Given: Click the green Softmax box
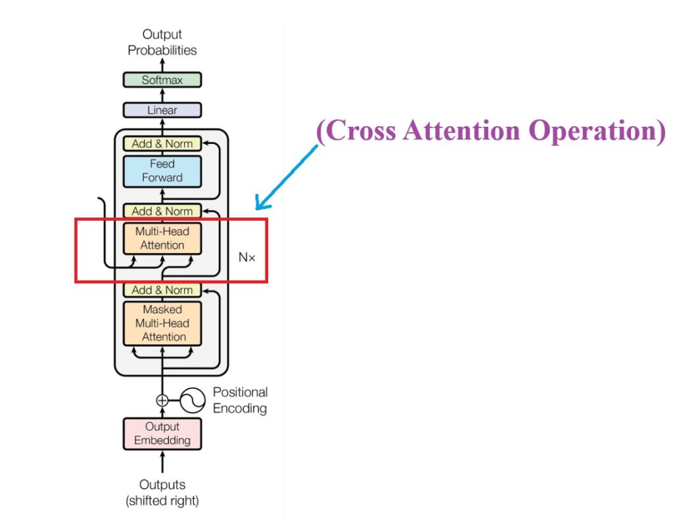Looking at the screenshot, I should pos(162,80).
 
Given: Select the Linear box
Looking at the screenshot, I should pos(162,110).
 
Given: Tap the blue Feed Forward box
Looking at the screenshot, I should pos(162,170).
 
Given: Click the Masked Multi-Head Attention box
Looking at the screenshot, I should pos(162,323).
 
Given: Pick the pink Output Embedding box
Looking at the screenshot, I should pos(162,434).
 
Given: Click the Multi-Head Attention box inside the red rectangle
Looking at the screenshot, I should pos(162,239).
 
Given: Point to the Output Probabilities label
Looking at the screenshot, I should pos(162,42).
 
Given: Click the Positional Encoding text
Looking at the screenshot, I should pos(240,400).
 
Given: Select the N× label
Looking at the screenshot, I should pos(246,258).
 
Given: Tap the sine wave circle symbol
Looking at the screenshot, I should pos(192,399).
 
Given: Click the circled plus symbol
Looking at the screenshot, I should pos(162,399).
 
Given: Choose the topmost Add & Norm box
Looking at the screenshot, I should pos(162,144).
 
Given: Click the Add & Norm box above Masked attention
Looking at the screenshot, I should pos(162,290).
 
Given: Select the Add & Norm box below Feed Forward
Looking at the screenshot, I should pos(162,211).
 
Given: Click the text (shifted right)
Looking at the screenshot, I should pos(162,501).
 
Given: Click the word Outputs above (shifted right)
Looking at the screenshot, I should pos(162,485).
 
